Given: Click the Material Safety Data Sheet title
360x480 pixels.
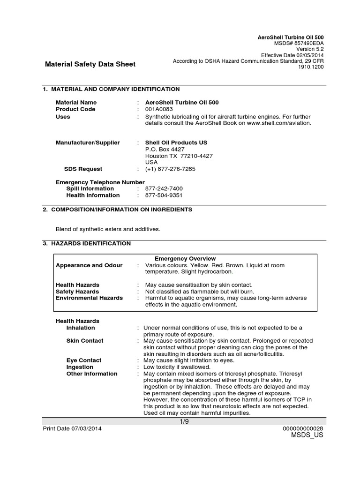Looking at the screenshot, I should (x=90, y=64).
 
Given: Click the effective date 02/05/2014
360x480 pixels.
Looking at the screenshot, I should (x=308, y=55).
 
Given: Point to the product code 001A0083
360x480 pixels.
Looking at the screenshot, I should (x=159, y=109).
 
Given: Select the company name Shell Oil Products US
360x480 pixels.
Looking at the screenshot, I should (x=176, y=142).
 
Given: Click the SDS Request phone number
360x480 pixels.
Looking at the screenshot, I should (x=170, y=169).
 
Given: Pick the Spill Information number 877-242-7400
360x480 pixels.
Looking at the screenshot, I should (x=164, y=188).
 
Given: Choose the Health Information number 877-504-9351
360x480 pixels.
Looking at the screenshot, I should (x=164, y=195).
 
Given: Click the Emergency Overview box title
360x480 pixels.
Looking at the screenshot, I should (x=185, y=258).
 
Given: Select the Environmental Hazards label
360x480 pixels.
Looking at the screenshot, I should (x=89, y=298).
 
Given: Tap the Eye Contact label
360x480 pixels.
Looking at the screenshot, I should (x=84, y=360).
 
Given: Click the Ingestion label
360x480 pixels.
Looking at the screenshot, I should (x=80, y=367).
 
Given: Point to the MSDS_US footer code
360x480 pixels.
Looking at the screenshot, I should (x=307, y=435).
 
